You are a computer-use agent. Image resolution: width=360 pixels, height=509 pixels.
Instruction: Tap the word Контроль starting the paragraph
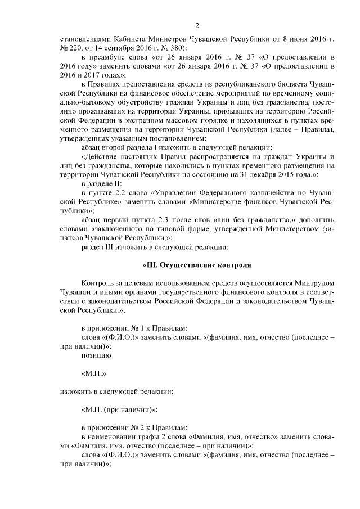(97, 283)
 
